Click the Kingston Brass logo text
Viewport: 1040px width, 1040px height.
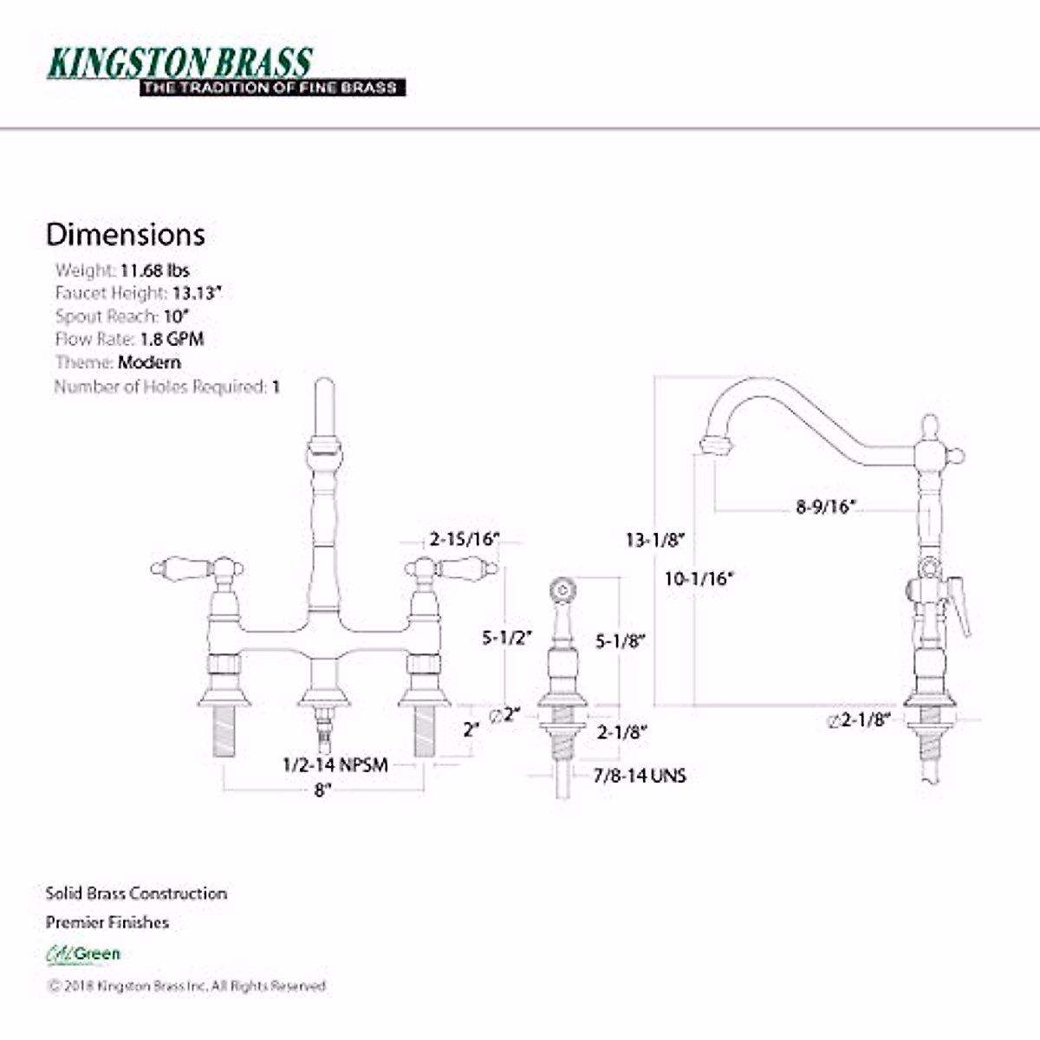pos(179,62)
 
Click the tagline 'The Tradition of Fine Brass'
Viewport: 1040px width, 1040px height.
pos(271,88)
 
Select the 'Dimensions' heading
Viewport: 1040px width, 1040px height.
pos(126,235)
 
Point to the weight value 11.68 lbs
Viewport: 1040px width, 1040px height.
pos(154,270)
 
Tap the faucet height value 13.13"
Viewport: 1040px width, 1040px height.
pos(197,293)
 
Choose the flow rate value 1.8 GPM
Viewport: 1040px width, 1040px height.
pos(172,339)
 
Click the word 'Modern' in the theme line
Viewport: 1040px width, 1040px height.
pos(149,362)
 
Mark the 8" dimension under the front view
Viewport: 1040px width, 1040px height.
pos(322,790)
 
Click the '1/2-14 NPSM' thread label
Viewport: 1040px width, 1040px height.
pos(335,765)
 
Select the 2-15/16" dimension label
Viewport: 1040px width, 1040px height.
pos(465,539)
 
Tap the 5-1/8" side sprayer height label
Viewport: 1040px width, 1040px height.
pos(620,641)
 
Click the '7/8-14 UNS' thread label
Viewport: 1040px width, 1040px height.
pos(639,776)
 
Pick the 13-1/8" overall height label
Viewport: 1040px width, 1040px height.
pos(655,540)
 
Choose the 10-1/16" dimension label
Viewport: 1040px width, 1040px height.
pos(699,578)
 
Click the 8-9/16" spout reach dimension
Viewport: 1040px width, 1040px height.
pos(825,506)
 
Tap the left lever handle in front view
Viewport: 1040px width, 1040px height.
pos(182,569)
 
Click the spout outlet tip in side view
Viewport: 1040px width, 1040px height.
pos(715,446)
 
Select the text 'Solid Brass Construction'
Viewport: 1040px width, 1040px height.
pos(136,894)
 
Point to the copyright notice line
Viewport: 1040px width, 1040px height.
pos(186,985)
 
